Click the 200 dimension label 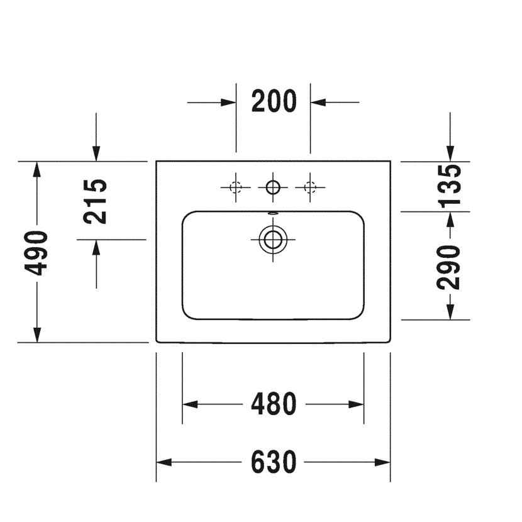coord(274,101)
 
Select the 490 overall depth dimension coord(36,253)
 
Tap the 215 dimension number coord(95,202)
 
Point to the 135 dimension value coord(449,186)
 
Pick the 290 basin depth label coord(448,267)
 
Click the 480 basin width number coord(274,404)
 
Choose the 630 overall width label coord(274,462)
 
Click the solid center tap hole coord(273,187)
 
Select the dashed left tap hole coord(236,187)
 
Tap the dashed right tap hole coord(310,187)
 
